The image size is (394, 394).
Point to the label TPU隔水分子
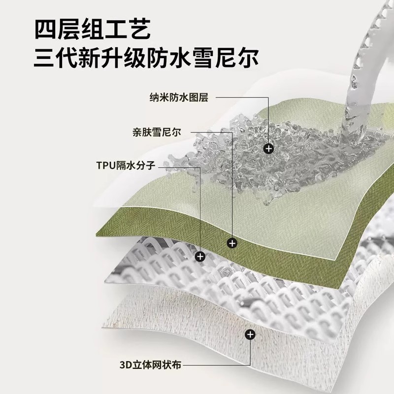point(126,166)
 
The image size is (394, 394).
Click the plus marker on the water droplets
point(268,148)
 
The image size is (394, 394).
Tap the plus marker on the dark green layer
point(233,243)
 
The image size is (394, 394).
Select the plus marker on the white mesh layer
point(200,256)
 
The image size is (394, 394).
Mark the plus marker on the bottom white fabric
point(250,335)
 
